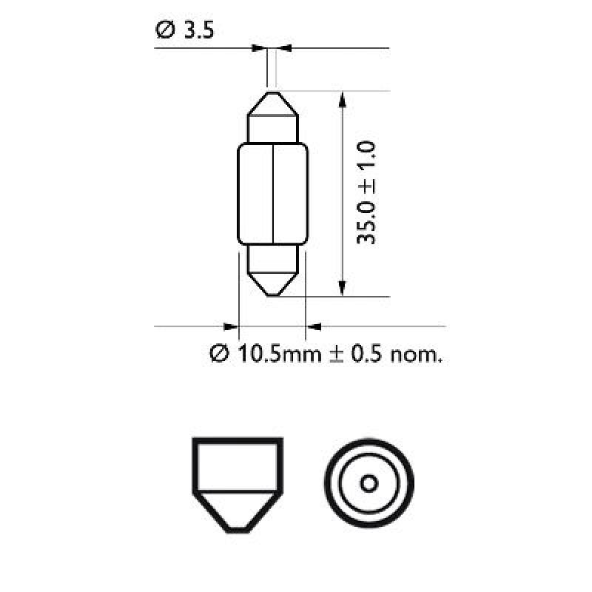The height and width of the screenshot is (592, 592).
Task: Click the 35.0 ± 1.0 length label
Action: coord(367,194)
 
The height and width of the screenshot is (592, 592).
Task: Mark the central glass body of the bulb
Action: coord(272,193)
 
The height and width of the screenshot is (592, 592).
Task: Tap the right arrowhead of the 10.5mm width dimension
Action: coord(314,326)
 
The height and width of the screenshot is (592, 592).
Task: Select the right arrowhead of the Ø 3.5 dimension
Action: coord(286,49)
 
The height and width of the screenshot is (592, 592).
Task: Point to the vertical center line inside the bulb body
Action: coord(273,193)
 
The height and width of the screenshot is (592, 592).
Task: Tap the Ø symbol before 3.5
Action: coord(164,31)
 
